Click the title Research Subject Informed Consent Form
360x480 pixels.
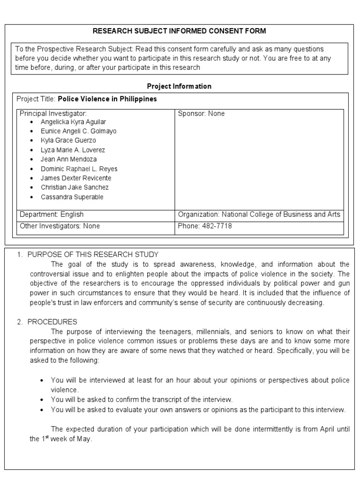coord(180,31)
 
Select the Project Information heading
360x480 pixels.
coord(179,86)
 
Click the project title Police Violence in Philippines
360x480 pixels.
coord(107,99)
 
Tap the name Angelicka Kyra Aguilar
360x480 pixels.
coord(73,122)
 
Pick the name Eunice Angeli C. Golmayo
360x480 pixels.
coord(78,131)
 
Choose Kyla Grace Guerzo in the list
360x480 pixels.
coord(68,141)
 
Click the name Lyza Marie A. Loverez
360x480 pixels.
coord(73,150)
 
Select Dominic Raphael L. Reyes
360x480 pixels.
coord(79,169)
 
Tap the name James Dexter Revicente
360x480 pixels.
coord(75,178)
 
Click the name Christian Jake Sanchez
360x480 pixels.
coord(75,187)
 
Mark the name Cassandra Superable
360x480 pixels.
coord(72,197)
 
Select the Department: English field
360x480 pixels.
coord(52,215)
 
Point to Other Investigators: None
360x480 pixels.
coord(60,226)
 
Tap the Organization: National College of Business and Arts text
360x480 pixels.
coord(259,215)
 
